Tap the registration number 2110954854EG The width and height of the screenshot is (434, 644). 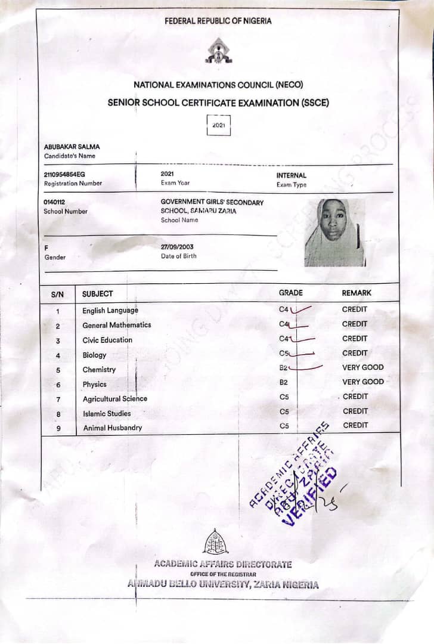[x=64, y=174]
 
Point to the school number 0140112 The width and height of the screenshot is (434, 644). [x=54, y=202]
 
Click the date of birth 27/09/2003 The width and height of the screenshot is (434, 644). [x=177, y=247]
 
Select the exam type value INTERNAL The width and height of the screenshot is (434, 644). [x=291, y=176]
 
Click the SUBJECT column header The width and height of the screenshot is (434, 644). [x=97, y=293]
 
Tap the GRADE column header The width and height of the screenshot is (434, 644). [x=290, y=293]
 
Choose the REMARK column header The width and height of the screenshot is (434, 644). [x=356, y=293]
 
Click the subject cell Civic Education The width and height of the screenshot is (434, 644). [x=107, y=340]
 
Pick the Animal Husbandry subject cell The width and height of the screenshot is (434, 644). [x=112, y=428]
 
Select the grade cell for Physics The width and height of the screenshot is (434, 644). [x=284, y=382]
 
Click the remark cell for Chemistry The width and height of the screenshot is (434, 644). [x=362, y=367]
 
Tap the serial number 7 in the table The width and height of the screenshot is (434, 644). [x=58, y=399]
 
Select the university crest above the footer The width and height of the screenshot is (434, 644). [x=215, y=542]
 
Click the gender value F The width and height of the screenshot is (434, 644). [x=46, y=247]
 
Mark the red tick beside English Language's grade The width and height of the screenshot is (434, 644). [x=301, y=309]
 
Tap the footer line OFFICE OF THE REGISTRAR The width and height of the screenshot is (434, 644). [x=223, y=574]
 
